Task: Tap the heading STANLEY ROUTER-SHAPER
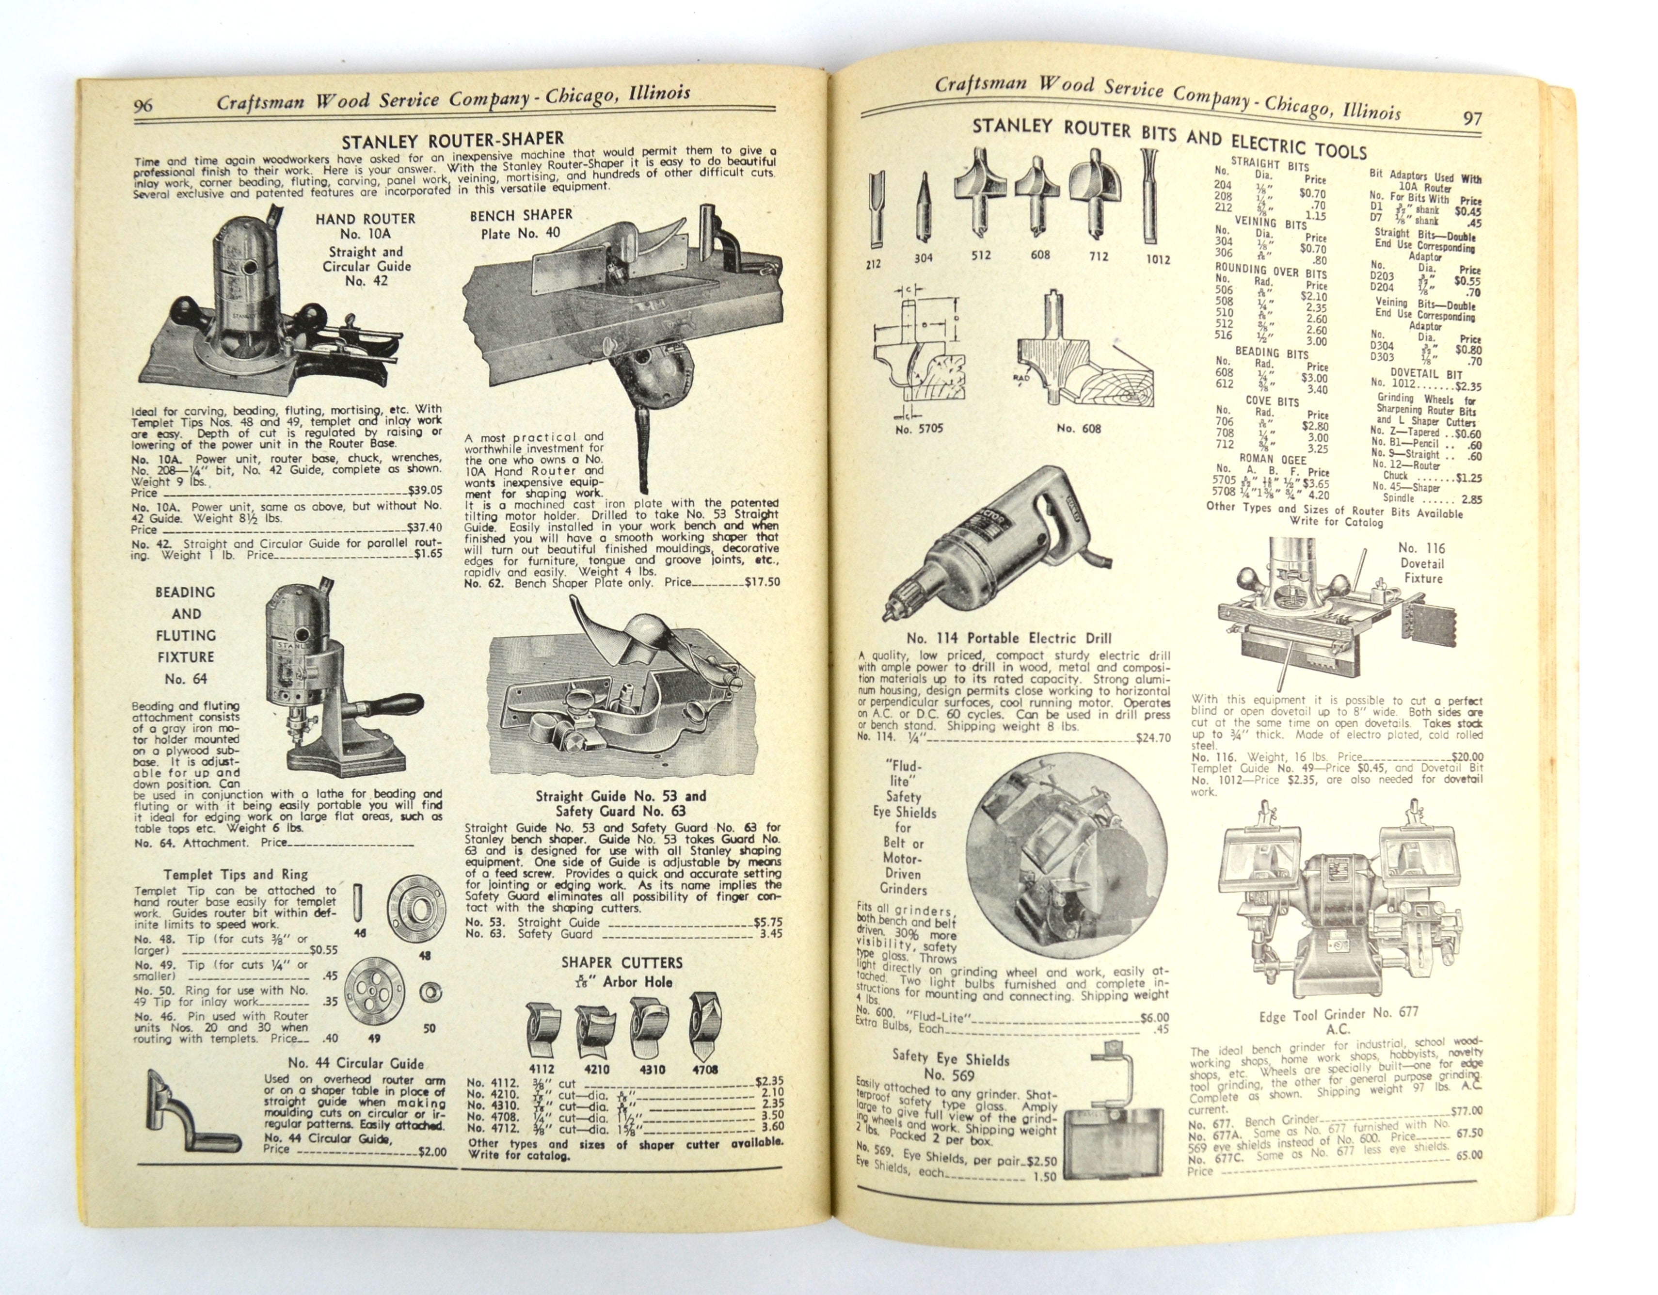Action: [452, 141]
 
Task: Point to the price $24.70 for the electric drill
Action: [1153, 738]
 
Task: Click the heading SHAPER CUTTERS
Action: [622, 962]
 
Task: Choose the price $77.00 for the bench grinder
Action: [1467, 1111]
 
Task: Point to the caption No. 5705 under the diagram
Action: [919, 429]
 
